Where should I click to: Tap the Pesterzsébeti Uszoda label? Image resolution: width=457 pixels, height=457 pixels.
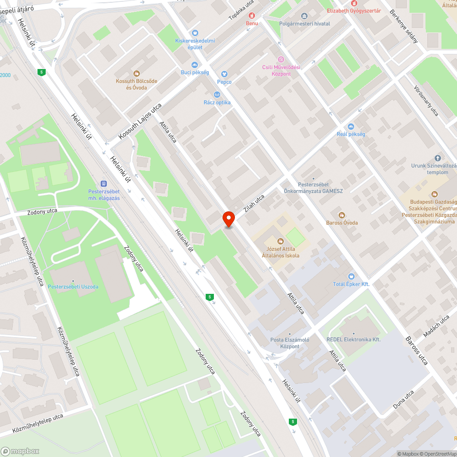click(x=73, y=287)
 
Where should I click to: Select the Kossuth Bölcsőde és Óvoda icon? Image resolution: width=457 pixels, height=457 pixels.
click(x=136, y=73)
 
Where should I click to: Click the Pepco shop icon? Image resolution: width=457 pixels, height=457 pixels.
click(x=224, y=74)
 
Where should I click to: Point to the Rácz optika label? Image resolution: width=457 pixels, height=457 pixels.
click(x=217, y=102)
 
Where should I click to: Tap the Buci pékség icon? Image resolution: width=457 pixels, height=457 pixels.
click(x=195, y=65)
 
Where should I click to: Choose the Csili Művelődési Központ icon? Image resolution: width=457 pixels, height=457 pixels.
click(x=281, y=59)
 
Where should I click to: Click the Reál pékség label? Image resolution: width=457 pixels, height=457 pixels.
click(x=351, y=134)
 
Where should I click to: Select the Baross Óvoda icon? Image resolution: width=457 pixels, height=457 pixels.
click(x=341, y=215)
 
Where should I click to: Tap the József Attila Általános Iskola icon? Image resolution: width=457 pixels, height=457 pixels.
click(x=281, y=241)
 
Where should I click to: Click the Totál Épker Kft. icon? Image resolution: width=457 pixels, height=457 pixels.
click(x=351, y=276)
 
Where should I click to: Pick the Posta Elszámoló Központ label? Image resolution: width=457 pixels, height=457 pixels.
click(x=290, y=343)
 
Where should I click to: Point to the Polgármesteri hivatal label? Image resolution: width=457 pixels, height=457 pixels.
click(x=304, y=24)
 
